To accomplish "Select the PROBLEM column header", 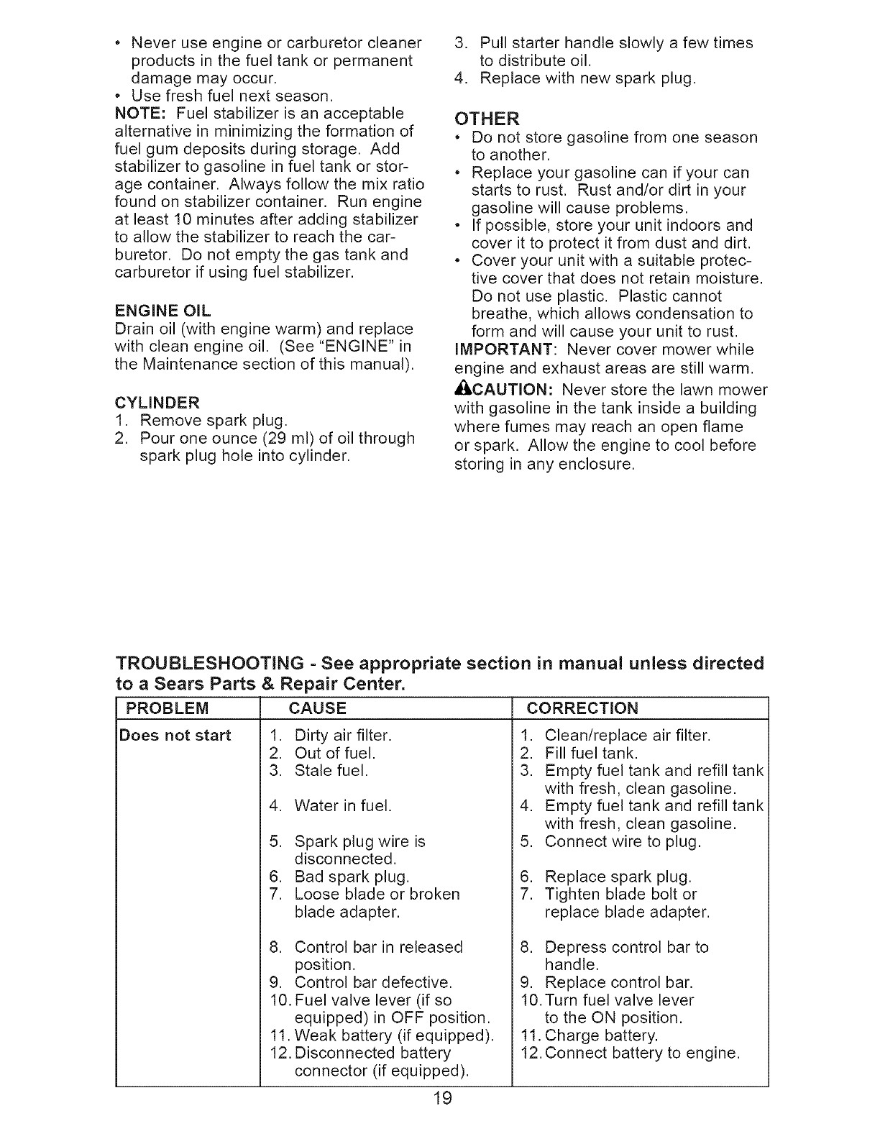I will coord(168,708).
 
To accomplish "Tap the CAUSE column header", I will coord(317,708).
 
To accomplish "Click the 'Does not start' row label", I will coord(175,735).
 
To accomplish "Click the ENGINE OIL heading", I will coord(162,311).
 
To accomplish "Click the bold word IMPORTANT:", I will coord(503,350).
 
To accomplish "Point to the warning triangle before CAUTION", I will coord(462,390).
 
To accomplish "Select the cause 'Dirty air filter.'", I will coord(343,736).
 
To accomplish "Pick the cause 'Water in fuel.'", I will coord(343,806).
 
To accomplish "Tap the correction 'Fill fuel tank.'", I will coord(591,754).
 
